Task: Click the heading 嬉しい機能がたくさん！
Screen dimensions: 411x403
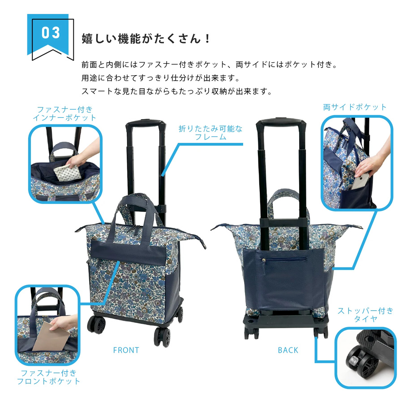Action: pyautogui.click(x=145, y=39)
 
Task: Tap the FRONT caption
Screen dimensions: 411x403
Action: pyautogui.click(x=126, y=350)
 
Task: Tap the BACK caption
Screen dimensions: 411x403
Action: pyautogui.click(x=288, y=350)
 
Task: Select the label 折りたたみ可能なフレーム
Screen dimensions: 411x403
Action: pyautogui.click(x=210, y=133)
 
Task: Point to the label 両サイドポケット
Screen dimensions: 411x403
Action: pyautogui.click(x=355, y=107)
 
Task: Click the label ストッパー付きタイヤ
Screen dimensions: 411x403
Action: pyautogui.click(x=365, y=315)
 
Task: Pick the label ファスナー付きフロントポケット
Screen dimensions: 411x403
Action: pyautogui.click(x=48, y=377)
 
